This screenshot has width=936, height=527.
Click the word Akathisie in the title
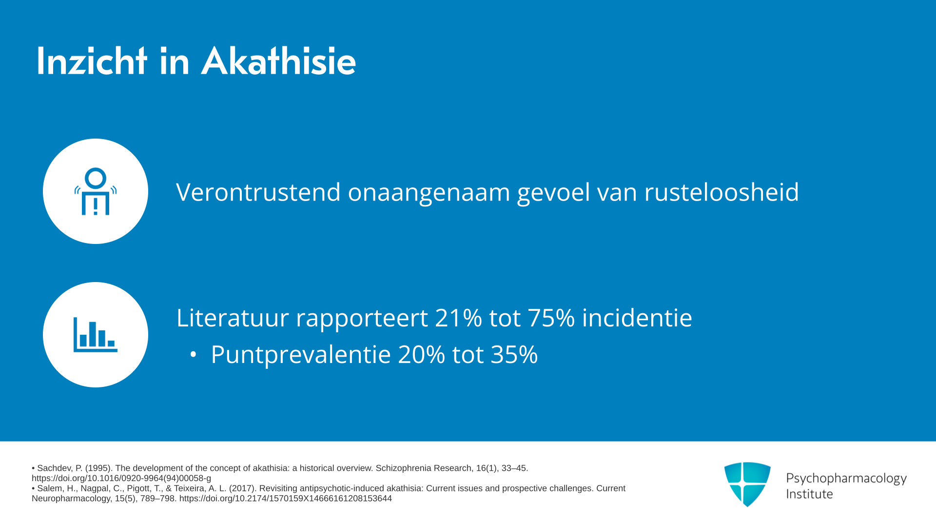279,61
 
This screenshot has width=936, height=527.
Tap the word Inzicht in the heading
92,61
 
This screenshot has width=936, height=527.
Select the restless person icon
96,191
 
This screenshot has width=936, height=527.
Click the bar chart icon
96,335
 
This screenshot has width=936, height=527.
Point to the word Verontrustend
258,192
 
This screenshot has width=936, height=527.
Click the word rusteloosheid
721,192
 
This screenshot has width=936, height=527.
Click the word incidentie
637,318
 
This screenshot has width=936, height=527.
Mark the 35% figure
514,355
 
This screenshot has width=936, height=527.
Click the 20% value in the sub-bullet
421,355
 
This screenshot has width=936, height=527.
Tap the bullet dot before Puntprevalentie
193,355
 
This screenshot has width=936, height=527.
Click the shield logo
747,484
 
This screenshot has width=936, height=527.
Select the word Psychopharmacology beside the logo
846,479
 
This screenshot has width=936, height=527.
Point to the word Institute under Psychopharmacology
809,494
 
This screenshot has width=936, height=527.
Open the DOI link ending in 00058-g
121,478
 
